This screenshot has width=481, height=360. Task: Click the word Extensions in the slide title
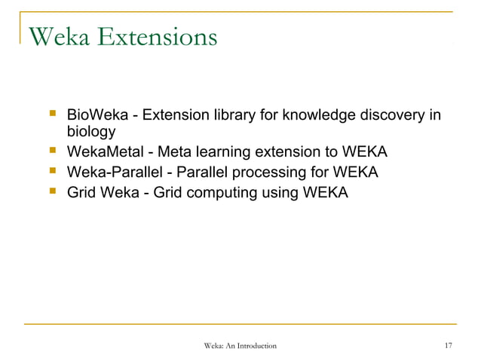157,35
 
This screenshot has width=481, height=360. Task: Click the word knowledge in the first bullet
311,116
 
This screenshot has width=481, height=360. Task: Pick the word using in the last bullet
281,193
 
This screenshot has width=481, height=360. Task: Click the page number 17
448,346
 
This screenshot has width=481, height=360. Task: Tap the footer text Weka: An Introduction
240,346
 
